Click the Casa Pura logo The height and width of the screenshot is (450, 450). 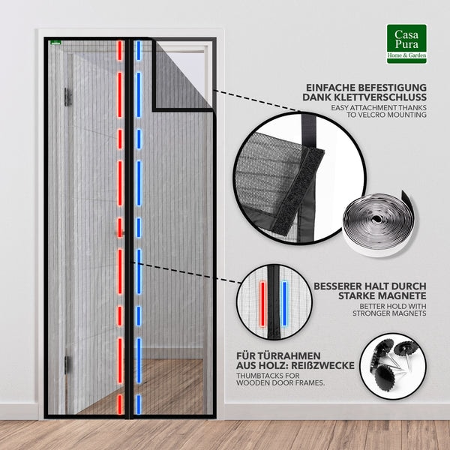[x=406, y=43]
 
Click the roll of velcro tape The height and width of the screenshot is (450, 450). [x=379, y=223]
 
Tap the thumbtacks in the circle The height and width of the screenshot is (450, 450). [x=392, y=364]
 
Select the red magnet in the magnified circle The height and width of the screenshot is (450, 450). [x=262, y=304]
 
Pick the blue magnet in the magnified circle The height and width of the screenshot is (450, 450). [x=284, y=304]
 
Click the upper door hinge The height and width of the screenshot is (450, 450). [x=67, y=97]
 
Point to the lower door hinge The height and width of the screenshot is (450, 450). [x=67, y=364]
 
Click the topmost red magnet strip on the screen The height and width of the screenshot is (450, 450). [x=120, y=50]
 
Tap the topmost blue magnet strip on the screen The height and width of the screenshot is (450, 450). [x=139, y=50]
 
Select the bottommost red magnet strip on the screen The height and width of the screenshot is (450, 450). [x=120, y=404]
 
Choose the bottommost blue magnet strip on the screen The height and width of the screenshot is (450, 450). [x=139, y=404]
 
